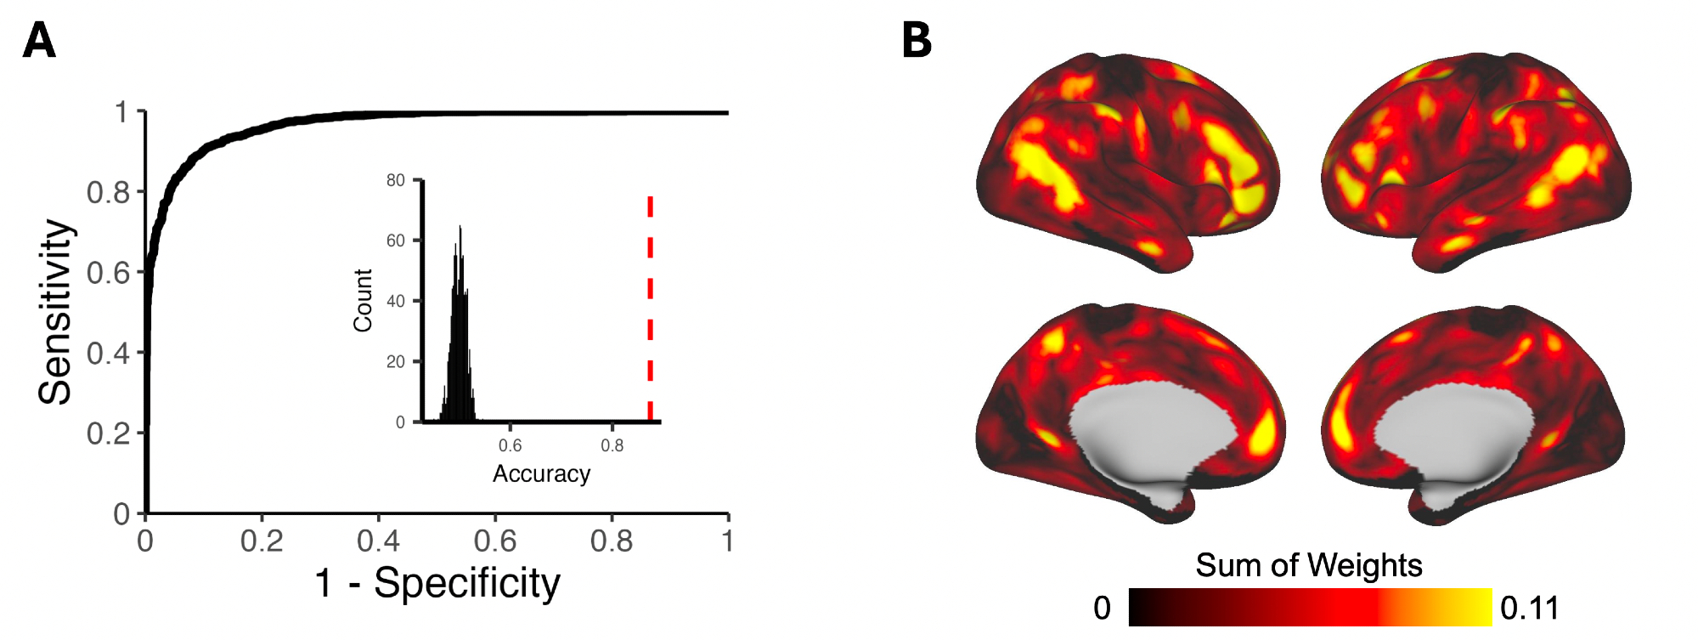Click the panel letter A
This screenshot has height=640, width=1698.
(39, 41)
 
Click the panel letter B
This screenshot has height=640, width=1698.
(917, 41)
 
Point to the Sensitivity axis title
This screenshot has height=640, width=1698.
(56, 311)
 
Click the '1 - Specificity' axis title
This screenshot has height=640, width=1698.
(437, 584)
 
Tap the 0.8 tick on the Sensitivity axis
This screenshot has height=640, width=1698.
(109, 192)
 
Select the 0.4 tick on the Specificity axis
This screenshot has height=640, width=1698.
(378, 541)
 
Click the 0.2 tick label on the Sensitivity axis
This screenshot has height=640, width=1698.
(109, 433)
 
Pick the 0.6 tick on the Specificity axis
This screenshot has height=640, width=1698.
(495, 541)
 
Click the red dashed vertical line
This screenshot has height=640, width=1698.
(650, 306)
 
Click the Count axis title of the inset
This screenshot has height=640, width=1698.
(363, 300)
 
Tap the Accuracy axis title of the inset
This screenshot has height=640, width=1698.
(541, 473)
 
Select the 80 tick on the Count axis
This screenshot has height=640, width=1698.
(396, 180)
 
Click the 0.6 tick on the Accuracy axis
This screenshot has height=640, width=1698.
(510, 445)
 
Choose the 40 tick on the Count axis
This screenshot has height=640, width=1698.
(396, 301)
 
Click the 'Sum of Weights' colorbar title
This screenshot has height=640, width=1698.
(1308, 565)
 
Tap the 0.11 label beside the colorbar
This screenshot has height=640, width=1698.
(1529, 608)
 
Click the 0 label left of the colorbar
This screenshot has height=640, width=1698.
(1102, 608)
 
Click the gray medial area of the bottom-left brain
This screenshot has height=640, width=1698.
(1147, 433)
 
